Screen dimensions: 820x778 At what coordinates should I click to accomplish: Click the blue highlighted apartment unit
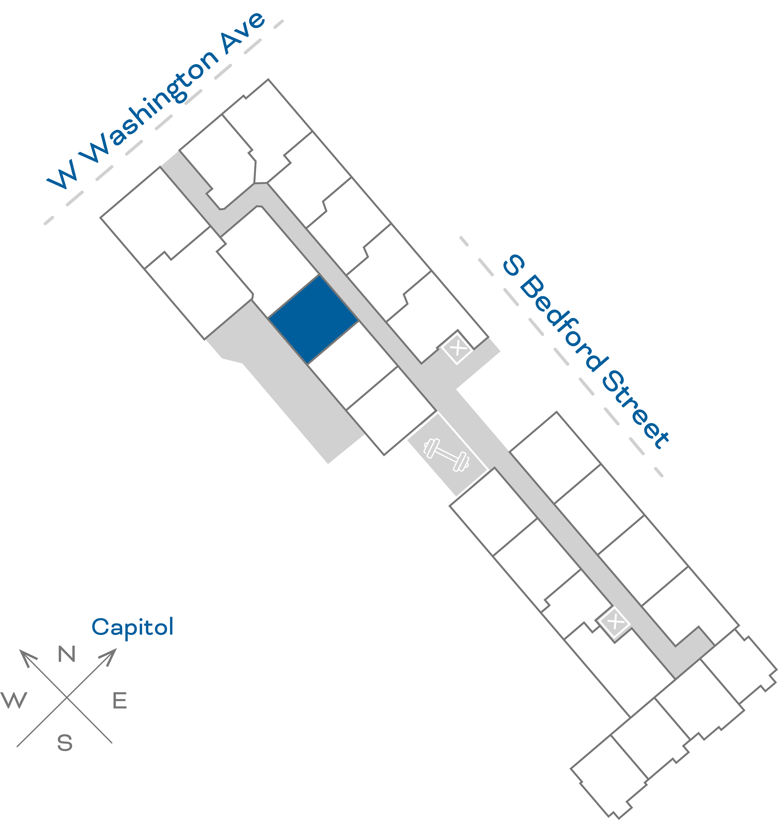point(313,320)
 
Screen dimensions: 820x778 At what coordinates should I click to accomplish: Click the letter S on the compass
point(65,743)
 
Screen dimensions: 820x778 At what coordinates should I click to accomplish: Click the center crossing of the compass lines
point(67,697)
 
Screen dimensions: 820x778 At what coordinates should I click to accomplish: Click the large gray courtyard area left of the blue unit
point(286,385)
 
